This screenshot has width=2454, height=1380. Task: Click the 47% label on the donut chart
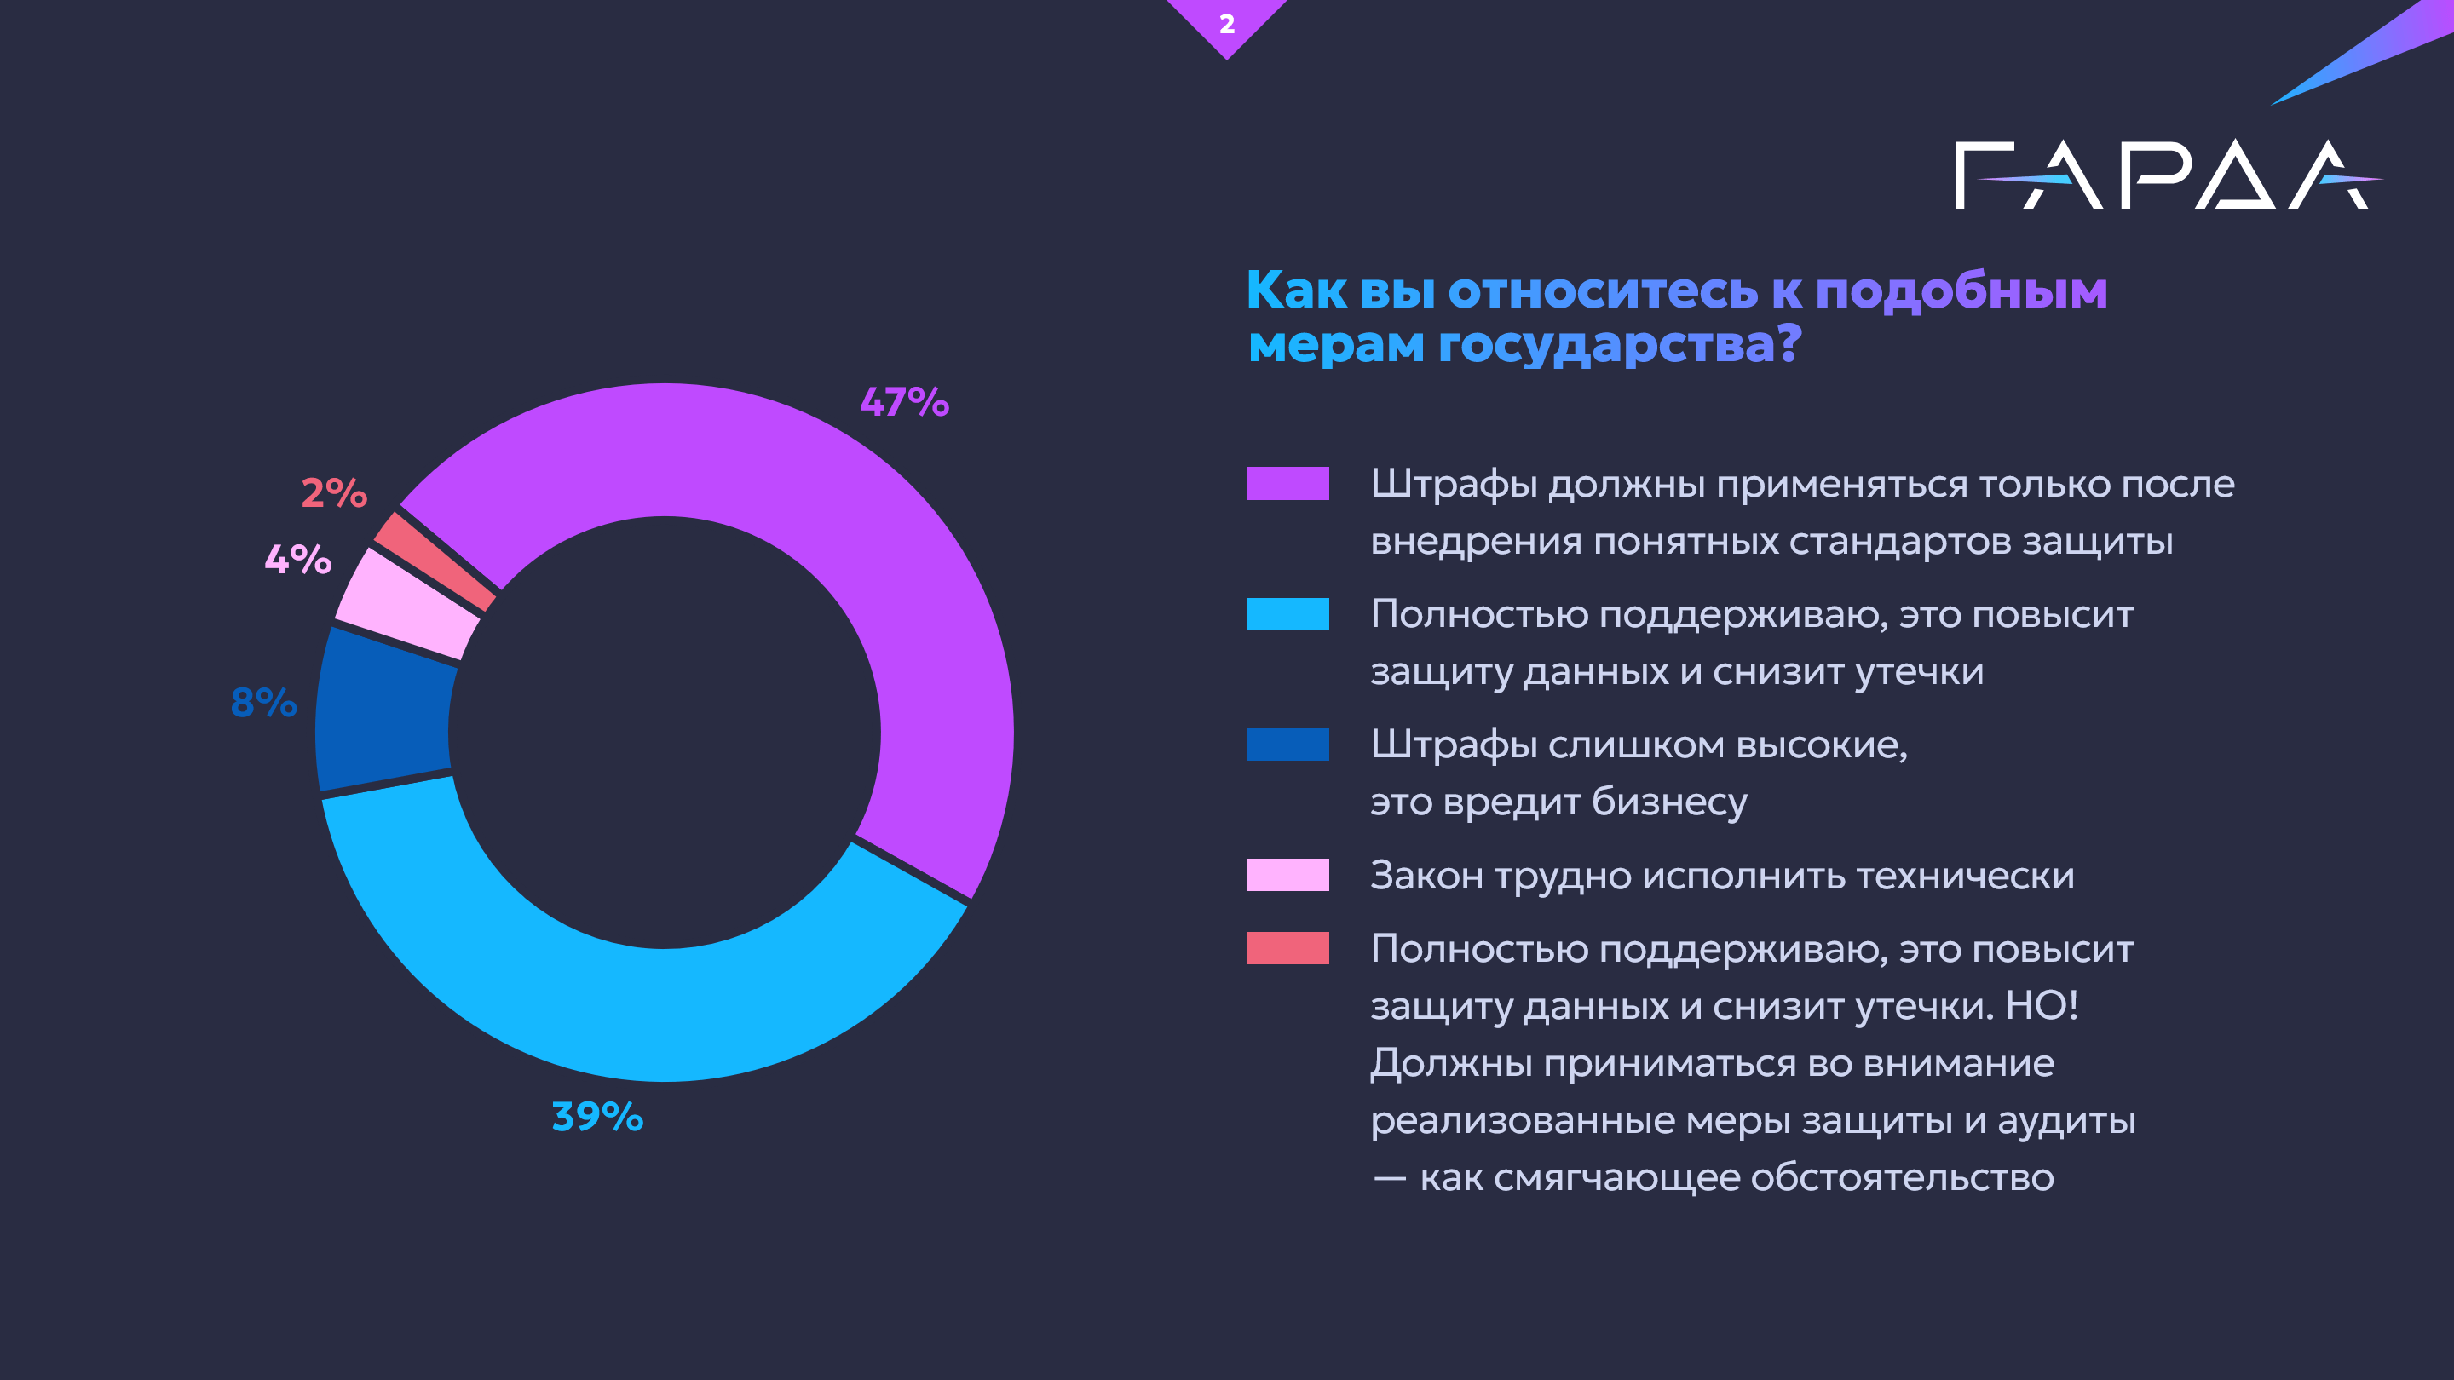tap(904, 402)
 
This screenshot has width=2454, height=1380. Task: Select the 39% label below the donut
tap(597, 1116)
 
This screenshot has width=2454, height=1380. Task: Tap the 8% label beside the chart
tap(264, 703)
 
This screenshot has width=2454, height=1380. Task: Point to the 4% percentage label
tap(298, 559)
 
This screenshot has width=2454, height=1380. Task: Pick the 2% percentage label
tap(334, 493)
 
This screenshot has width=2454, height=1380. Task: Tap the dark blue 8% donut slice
tap(386, 710)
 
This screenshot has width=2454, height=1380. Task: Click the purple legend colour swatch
tap(1287, 483)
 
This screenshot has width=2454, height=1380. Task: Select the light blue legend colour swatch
tap(1287, 613)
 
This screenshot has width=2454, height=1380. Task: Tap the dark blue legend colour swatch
tap(1287, 744)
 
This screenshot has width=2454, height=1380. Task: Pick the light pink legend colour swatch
tap(1287, 874)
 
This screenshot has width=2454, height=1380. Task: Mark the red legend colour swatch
tap(1287, 947)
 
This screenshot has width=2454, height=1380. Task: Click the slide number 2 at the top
tap(1227, 24)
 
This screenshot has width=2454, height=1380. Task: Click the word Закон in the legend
tap(1426, 875)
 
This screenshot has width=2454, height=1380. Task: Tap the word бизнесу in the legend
tap(1669, 802)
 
